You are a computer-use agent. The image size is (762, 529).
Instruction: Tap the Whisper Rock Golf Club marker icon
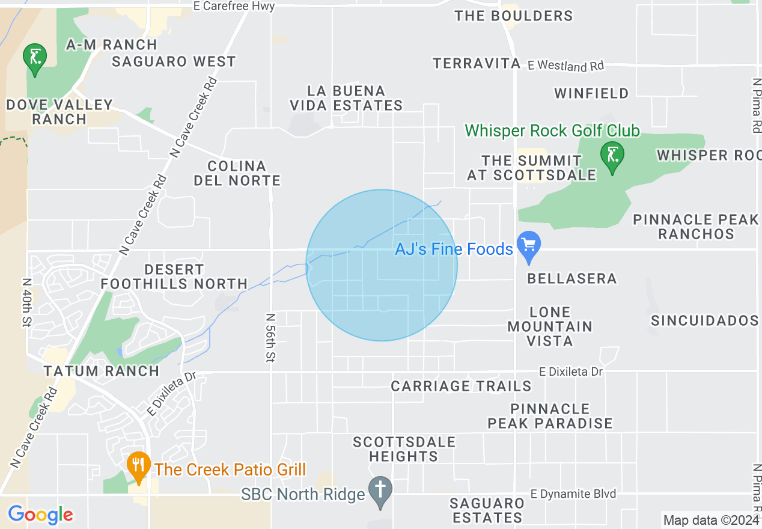point(612,156)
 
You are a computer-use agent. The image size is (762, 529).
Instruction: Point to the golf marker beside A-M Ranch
point(35,58)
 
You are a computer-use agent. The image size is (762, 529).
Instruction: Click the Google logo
point(40,515)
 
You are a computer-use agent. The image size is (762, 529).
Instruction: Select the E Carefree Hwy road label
point(234,7)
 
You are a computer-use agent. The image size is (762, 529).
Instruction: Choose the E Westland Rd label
point(565,65)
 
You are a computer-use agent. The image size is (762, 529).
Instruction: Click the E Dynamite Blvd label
point(573,494)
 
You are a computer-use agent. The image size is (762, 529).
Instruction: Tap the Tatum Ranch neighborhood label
point(102,371)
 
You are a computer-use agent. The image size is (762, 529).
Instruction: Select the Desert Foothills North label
point(174,277)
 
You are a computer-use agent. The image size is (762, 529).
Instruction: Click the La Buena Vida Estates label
point(346,98)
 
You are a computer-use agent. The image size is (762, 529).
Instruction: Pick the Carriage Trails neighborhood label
point(461,386)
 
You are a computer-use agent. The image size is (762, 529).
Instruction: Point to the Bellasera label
point(572,278)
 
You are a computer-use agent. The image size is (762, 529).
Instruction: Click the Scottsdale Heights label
point(404,449)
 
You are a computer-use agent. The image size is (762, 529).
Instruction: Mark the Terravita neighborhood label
point(477,63)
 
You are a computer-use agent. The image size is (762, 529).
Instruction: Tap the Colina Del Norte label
point(237,173)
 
